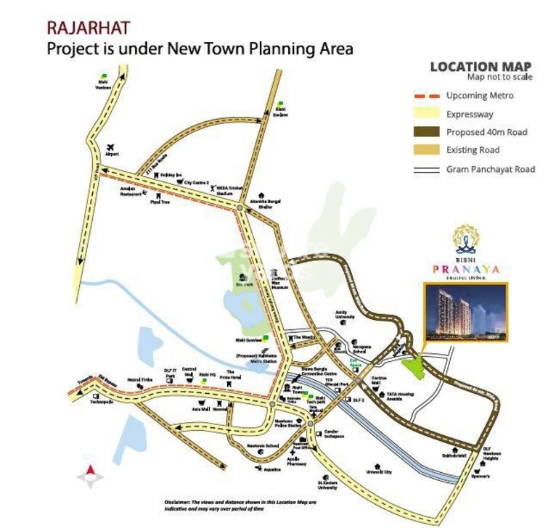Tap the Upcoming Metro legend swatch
pyautogui.click(x=428, y=96)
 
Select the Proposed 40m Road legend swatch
pyautogui.click(x=428, y=132)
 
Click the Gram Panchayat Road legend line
pyautogui.click(x=428, y=169)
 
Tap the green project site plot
pyautogui.click(x=414, y=366)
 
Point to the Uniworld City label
pyautogui.click(x=378, y=472)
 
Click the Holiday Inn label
pyautogui.click(x=169, y=176)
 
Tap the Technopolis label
pyautogui.click(x=100, y=400)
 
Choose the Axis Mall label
pyautogui.click(x=201, y=410)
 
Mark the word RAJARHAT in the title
pyautogui.click(x=89, y=28)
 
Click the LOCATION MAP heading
pyautogui.click(x=480, y=67)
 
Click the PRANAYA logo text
pyautogui.click(x=466, y=269)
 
